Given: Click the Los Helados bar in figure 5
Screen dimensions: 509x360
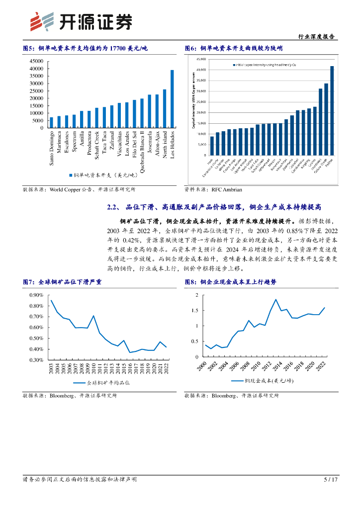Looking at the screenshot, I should [173, 99].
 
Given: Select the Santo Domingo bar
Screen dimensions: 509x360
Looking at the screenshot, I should [51, 123].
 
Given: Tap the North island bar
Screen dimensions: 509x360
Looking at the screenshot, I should [165, 109].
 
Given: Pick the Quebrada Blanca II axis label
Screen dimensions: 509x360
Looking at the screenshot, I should [142, 152].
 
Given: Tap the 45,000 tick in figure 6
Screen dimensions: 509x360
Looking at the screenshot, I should [201, 59].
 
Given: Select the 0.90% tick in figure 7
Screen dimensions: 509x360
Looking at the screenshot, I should [36, 295].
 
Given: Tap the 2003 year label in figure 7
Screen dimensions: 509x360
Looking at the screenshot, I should [51, 368].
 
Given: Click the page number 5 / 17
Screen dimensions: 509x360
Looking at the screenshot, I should [331, 480].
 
